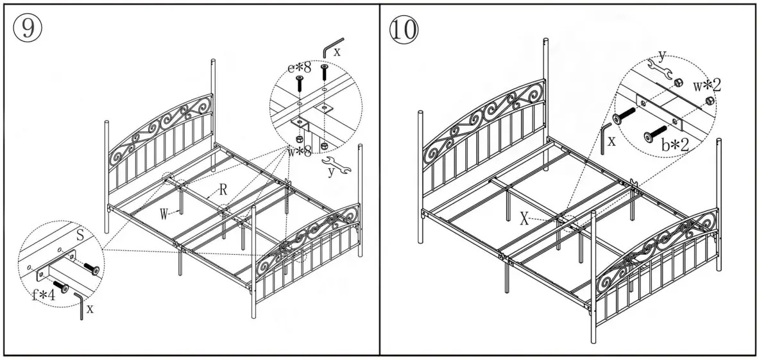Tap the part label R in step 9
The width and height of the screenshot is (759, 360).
coord(223,190)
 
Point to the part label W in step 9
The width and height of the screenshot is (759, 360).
coord(164,214)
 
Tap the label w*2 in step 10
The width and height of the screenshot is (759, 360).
coord(706,85)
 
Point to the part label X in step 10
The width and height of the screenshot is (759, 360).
coord(524,219)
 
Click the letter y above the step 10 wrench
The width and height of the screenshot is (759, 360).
coord(661,55)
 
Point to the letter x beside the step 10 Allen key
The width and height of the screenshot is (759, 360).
coord(611,141)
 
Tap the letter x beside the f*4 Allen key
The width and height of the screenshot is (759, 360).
coord(89,309)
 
